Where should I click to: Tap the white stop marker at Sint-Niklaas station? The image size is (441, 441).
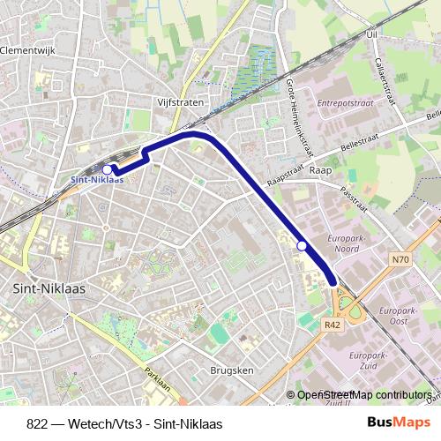tap(108, 168)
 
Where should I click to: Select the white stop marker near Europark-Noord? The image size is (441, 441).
tap(303, 246)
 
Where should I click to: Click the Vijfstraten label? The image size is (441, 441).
tap(182, 101)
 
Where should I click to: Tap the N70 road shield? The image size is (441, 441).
tap(400, 259)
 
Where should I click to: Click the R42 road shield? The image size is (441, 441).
tap(332, 325)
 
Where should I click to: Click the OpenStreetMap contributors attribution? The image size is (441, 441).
tap(363, 395)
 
